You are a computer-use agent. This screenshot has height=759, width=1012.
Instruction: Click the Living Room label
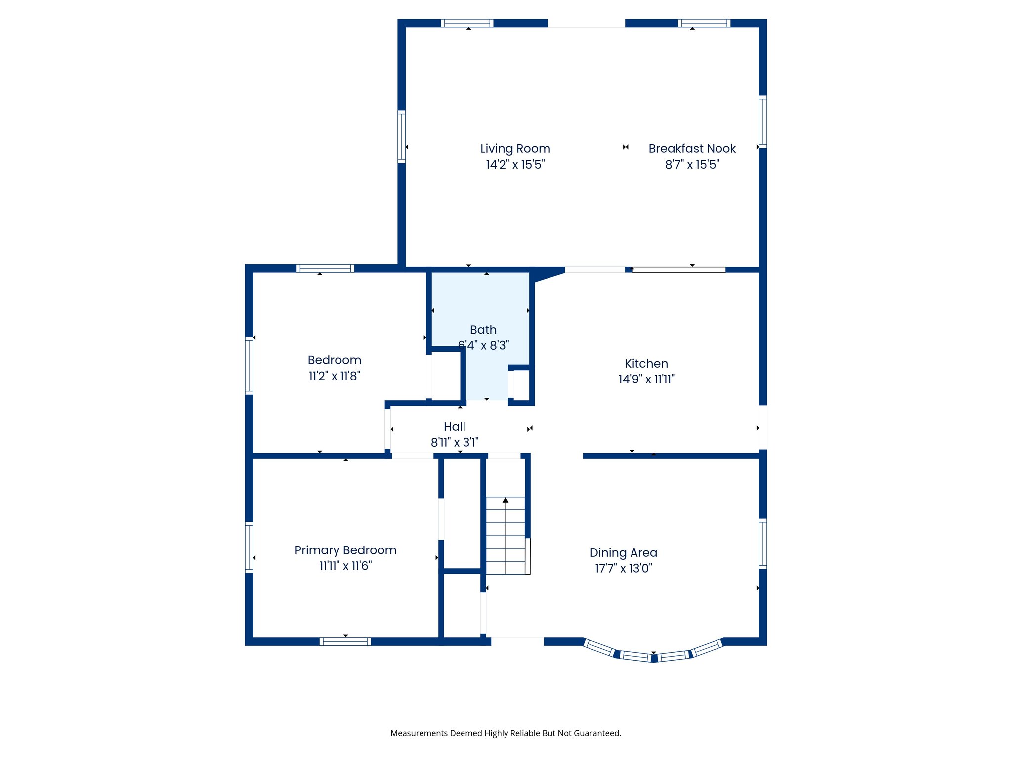click(x=515, y=149)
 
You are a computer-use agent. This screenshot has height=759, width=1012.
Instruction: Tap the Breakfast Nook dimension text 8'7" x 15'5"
click(x=692, y=165)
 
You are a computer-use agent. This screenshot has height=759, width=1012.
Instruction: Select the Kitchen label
click(x=646, y=364)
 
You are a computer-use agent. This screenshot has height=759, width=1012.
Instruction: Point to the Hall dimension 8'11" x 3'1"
click(x=454, y=442)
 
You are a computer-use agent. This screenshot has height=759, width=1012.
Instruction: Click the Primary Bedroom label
click(x=345, y=550)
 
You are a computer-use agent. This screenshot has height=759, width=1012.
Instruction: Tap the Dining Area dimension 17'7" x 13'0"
click(x=623, y=568)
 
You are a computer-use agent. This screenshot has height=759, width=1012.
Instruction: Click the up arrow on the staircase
click(x=506, y=501)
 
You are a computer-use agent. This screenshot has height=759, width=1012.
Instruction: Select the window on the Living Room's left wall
click(x=402, y=137)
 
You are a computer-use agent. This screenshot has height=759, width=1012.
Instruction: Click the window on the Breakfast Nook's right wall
click(x=762, y=122)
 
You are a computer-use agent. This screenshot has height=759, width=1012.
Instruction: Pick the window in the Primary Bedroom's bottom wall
click(x=345, y=641)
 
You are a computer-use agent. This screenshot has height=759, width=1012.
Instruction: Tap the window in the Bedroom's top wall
click(x=325, y=268)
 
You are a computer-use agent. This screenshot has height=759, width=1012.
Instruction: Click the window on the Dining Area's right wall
click(x=762, y=544)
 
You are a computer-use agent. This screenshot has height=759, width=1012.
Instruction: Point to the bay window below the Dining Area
click(x=653, y=655)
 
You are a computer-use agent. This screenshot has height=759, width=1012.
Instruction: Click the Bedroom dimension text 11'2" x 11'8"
click(x=335, y=376)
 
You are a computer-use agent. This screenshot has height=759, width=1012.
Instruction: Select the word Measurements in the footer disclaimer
click(x=419, y=733)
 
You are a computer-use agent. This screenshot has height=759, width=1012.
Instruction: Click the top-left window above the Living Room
click(x=467, y=23)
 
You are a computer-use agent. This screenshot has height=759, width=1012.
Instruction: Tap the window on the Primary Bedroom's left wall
click(x=249, y=548)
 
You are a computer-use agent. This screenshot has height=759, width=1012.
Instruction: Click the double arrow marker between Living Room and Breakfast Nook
click(x=626, y=147)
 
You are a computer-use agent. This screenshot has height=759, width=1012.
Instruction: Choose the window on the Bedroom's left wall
click(x=249, y=366)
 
